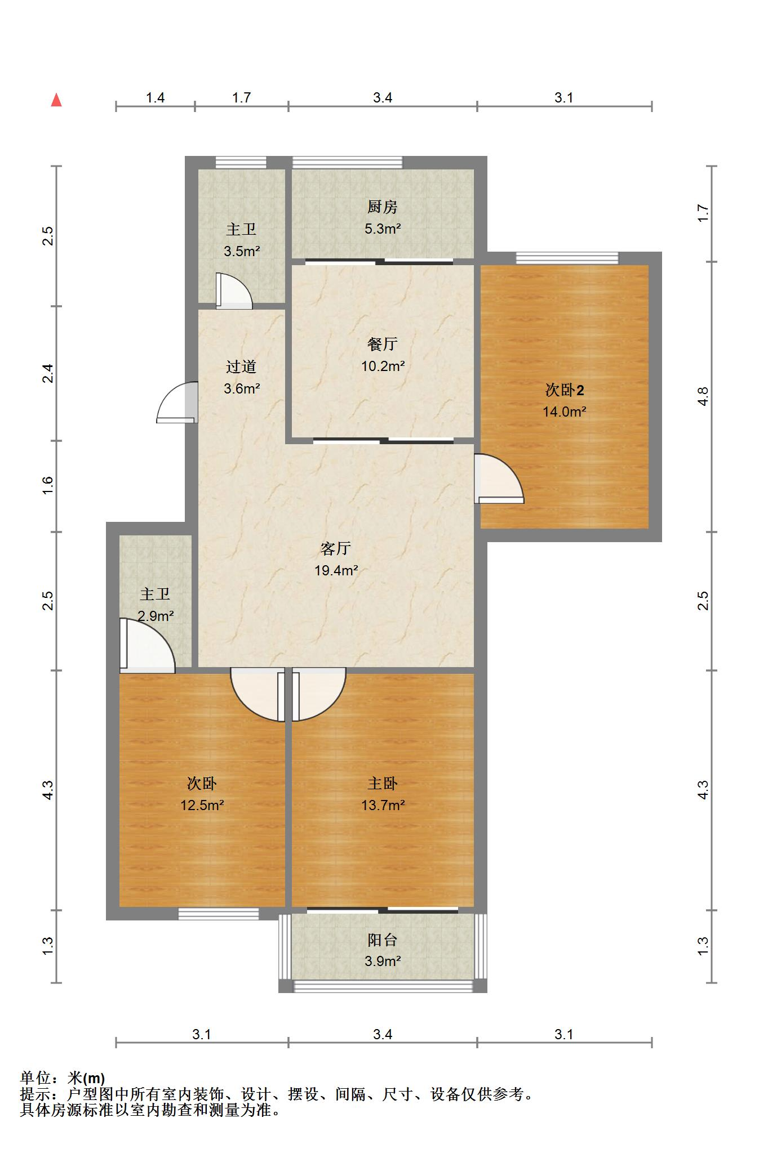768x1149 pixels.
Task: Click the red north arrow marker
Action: [56, 100]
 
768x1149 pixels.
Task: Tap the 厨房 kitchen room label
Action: [382, 207]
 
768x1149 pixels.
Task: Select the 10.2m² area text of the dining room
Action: [383, 366]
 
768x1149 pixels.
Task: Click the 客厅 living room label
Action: [336, 548]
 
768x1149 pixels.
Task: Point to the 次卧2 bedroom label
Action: [564, 390]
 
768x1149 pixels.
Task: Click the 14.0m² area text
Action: [564, 412]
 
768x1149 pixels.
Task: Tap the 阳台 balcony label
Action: [382, 940]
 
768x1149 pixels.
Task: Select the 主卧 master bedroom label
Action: [382, 783]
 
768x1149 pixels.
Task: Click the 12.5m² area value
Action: [202, 805]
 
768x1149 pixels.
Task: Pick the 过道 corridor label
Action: [241, 367]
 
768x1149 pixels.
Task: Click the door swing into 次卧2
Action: [498, 479]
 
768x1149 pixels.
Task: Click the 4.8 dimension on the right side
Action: [703, 396]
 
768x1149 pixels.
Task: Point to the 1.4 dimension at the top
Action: [155, 98]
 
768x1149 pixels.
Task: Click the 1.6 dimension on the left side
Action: [48, 485]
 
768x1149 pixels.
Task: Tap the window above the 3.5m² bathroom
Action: [241, 163]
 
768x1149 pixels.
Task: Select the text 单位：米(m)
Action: [63, 1078]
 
